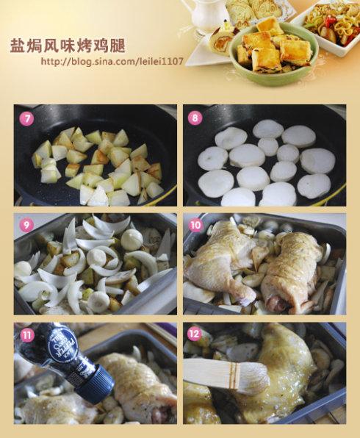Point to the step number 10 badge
195,225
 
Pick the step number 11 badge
26,335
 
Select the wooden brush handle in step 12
202,372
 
